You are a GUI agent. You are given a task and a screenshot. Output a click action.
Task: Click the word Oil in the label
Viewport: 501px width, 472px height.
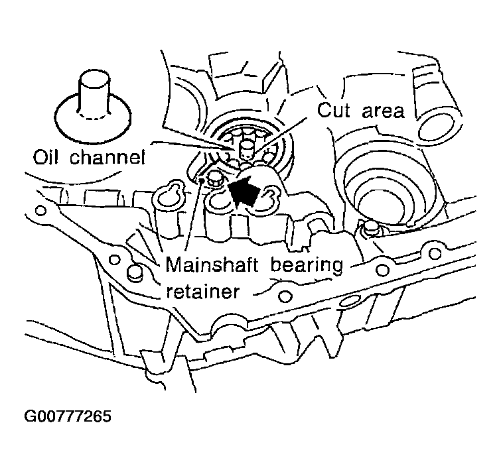[46, 157]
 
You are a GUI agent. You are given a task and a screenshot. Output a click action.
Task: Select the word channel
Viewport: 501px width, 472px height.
[107, 157]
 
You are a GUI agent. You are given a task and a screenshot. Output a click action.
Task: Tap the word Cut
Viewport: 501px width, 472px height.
[333, 111]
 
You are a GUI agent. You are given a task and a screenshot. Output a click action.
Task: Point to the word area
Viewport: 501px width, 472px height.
[383, 111]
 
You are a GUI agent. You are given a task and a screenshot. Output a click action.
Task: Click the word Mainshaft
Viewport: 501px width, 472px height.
[212, 265]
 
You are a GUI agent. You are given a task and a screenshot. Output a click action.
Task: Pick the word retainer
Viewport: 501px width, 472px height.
[202, 292]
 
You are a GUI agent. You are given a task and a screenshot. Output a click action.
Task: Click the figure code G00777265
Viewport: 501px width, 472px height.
[68, 416]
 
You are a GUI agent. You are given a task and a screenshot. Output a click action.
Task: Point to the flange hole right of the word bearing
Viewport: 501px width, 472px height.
[382, 270]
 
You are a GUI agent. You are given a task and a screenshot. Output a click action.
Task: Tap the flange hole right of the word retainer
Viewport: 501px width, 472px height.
[285, 296]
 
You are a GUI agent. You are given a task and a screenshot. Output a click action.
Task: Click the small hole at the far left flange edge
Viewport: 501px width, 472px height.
[40, 211]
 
